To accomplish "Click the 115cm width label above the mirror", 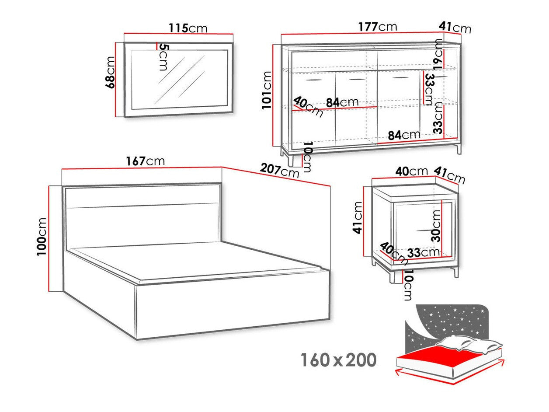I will [x=188, y=28].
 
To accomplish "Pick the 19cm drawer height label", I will [x=438, y=56].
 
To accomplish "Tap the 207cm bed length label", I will [x=280, y=170].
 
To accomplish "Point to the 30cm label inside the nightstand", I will [x=436, y=225].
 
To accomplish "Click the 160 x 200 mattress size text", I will [x=338, y=360].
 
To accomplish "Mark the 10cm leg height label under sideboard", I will [x=307, y=157].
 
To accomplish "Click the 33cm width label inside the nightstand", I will [x=423, y=252].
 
